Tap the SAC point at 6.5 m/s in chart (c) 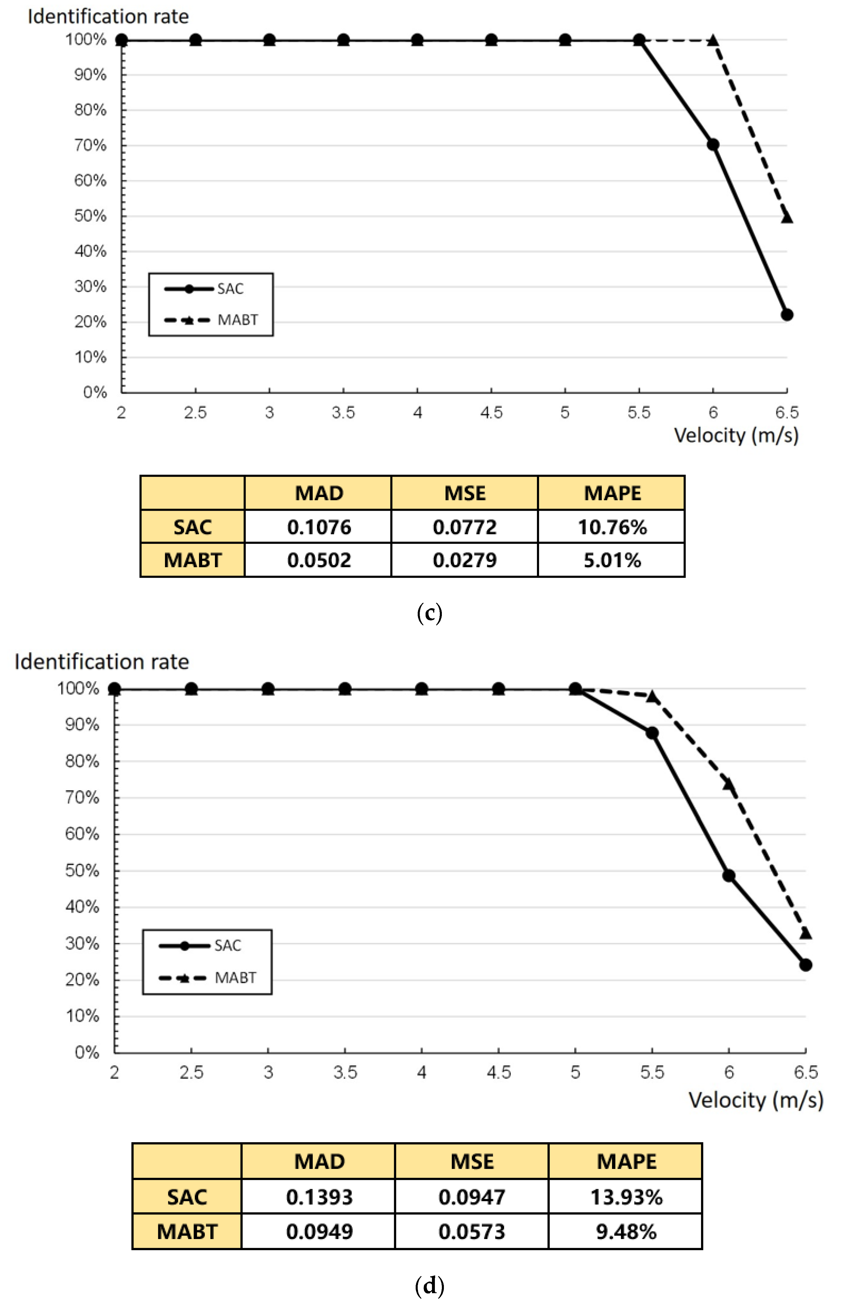click(x=787, y=315)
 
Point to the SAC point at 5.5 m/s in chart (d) click(x=652, y=733)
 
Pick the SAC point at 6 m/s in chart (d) click(x=728, y=876)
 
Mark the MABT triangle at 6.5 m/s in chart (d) click(x=805, y=934)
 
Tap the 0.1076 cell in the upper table click(x=319, y=527)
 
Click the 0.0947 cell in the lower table click(x=472, y=1197)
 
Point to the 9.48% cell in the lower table click(x=625, y=1231)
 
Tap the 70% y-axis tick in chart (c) click(x=90, y=145)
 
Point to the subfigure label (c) click(x=430, y=613)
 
